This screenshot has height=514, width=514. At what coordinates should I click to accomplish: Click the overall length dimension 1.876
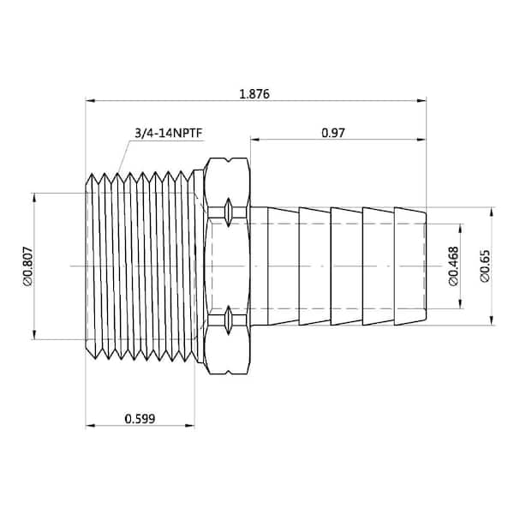(254, 94)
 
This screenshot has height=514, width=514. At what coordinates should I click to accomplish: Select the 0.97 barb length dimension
(333, 133)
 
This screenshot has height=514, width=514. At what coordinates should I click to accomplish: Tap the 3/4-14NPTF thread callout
(169, 133)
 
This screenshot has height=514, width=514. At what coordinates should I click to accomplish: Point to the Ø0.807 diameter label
(28, 266)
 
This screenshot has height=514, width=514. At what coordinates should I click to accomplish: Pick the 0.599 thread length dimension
(140, 419)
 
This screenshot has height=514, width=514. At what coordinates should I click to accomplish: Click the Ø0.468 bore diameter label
(454, 266)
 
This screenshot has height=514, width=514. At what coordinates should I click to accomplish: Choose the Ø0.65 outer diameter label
(485, 266)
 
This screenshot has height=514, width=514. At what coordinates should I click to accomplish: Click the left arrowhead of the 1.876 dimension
(90, 100)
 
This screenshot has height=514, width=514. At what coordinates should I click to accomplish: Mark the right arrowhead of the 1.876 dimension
(421, 100)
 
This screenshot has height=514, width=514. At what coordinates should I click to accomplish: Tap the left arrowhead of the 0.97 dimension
(255, 140)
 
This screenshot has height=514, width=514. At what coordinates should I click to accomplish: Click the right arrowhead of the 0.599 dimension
(190, 426)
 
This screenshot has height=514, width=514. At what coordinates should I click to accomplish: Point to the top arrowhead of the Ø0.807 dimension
(34, 198)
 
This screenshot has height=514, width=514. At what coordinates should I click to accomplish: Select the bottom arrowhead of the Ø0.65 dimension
(492, 320)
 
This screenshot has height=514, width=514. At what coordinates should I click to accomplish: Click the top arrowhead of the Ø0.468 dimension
(461, 229)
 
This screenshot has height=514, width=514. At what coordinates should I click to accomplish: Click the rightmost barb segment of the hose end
(410, 266)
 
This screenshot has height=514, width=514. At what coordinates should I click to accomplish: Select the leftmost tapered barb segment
(284, 266)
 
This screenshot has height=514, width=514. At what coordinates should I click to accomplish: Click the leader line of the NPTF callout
(123, 157)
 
